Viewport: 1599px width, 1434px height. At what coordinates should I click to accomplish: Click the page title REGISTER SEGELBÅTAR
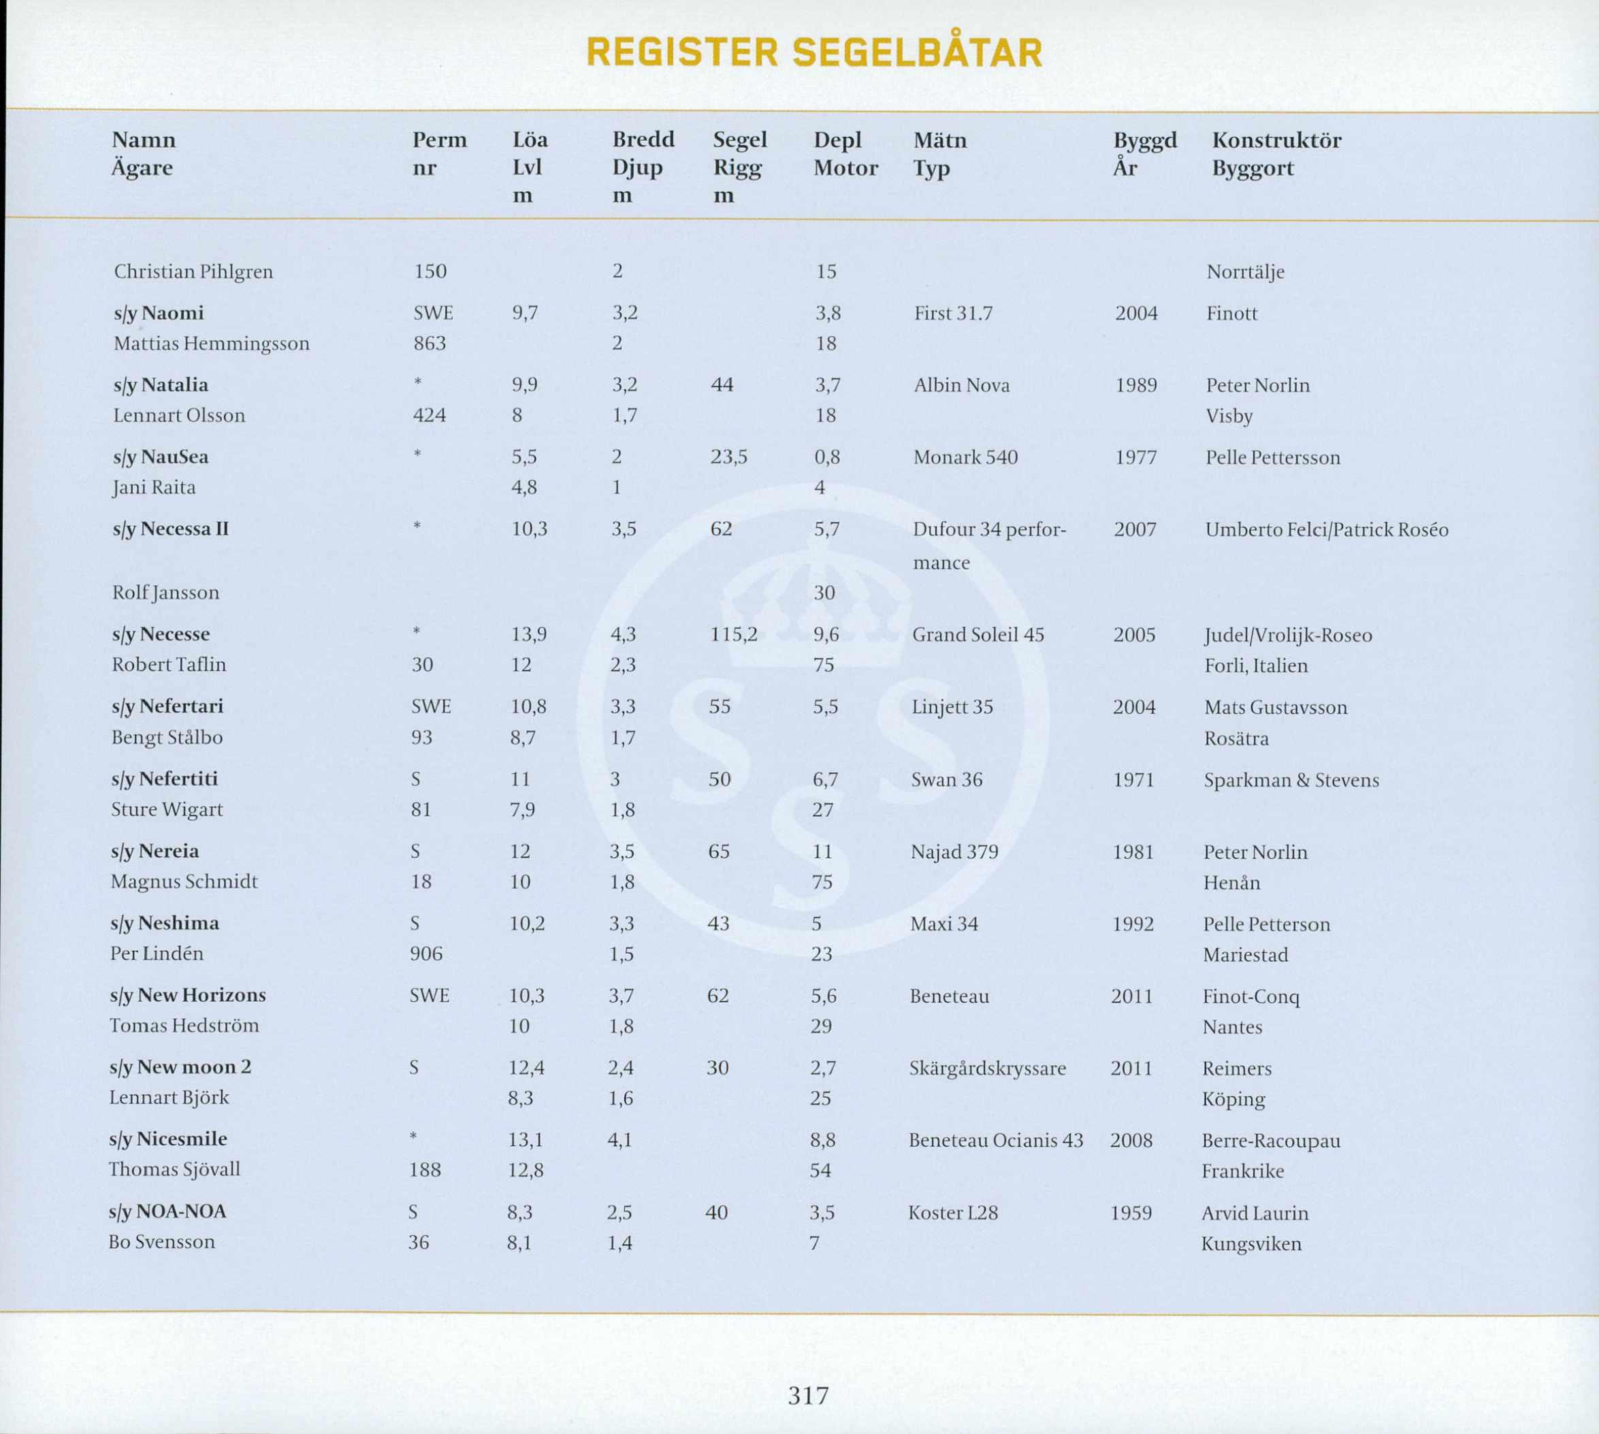pos(815,53)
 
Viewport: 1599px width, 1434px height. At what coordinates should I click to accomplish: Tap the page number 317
pos(808,1395)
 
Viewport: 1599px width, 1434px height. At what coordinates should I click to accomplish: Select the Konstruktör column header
pos(1276,140)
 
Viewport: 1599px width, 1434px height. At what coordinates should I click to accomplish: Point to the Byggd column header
pos(1144,140)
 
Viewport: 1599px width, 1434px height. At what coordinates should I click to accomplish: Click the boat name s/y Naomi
pos(159,314)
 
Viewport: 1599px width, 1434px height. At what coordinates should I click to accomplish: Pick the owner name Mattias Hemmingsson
pos(211,344)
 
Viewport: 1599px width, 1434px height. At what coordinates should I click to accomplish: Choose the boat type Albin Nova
pos(961,385)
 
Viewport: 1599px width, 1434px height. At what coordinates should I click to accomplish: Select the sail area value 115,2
pos(734,634)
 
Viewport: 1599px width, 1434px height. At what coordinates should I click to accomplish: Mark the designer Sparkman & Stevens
pos(1291,780)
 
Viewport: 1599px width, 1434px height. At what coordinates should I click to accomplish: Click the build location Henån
pos(1231,883)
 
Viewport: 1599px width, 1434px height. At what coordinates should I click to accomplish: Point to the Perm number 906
pos(425,954)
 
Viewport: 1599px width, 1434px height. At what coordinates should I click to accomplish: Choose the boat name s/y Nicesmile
pos(168,1139)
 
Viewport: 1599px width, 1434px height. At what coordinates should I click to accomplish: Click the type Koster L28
pos(953,1213)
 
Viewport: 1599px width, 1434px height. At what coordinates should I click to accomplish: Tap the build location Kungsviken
pos(1250,1244)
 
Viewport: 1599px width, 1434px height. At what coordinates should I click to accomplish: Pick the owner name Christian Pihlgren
pos(193,272)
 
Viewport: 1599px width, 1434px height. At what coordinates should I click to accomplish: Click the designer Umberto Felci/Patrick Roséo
pos(1326,529)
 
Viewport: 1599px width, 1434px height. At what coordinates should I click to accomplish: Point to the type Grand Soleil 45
pos(978,635)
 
